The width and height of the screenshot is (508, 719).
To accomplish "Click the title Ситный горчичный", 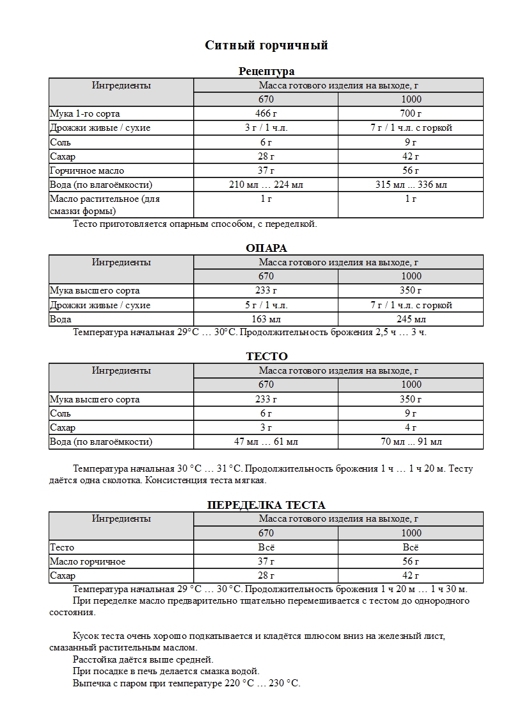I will point(266,45).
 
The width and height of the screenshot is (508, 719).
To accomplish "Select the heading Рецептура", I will point(266,71).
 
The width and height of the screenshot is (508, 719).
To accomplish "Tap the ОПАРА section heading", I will point(266,248).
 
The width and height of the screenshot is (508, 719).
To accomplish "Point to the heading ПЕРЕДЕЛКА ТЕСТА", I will point(266,505).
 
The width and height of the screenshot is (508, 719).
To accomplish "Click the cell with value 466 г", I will point(266,113).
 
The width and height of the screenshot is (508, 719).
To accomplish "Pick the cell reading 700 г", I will point(411,113).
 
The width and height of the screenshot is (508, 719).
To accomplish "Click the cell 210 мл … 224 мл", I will point(266,185).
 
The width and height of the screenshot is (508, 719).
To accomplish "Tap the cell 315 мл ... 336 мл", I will point(411,185).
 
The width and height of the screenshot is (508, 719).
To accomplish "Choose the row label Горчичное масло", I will point(87,170).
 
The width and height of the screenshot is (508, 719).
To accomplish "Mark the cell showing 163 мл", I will point(266,319).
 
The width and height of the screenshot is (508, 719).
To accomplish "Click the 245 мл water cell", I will point(411,319).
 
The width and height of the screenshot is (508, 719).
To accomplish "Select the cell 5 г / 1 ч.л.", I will point(266,305).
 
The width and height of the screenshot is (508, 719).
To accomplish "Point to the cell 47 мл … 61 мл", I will point(266,442).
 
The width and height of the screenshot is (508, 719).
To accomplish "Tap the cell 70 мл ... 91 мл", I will point(411,442).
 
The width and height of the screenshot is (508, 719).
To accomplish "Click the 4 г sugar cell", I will point(411,427).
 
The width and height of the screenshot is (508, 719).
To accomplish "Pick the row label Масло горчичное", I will point(88,561).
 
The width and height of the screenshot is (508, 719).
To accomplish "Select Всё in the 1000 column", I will point(411,547).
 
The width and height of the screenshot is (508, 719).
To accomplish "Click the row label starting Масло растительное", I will point(105,199).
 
